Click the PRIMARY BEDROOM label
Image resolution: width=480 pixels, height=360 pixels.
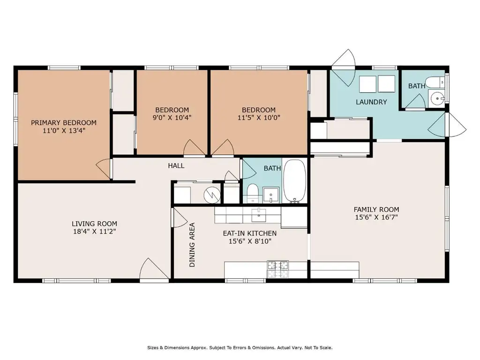point(64,123)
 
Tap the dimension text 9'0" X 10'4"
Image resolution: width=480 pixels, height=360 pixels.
point(172,118)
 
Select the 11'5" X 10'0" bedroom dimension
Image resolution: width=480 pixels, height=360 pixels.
point(259,118)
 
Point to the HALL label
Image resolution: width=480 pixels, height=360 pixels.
point(176,165)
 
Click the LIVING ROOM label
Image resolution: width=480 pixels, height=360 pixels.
point(94,224)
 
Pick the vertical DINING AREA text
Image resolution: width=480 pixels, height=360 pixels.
point(192,245)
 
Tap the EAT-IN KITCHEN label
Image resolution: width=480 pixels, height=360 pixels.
point(250,233)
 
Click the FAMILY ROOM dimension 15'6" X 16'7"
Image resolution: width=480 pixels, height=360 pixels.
point(376,217)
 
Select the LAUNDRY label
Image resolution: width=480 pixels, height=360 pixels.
point(371,102)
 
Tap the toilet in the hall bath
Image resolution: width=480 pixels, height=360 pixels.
point(253,193)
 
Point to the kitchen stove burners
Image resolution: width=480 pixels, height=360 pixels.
point(278,270)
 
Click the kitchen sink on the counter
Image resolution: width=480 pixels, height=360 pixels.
point(259,214)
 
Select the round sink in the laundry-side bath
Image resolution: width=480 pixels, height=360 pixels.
point(437,98)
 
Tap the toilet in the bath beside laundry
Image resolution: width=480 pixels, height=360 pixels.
point(435,82)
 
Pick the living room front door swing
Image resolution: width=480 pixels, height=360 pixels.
point(154,269)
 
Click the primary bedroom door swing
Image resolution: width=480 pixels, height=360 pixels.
point(104,168)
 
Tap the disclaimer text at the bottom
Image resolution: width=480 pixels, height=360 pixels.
point(240,348)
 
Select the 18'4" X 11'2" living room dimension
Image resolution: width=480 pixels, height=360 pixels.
point(94,232)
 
